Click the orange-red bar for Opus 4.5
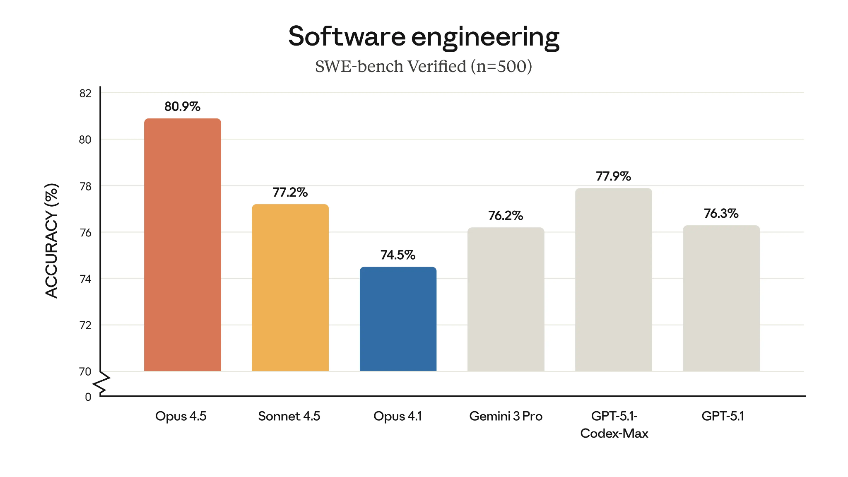pyautogui.click(x=182, y=244)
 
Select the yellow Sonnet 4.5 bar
pyautogui.click(x=290, y=287)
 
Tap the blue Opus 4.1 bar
pyautogui.click(x=398, y=319)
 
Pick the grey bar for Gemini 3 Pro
pyautogui.click(x=506, y=299)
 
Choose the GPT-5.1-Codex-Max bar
pyautogui.click(x=613, y=279)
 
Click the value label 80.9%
pyautogui.click(x=182, y=106)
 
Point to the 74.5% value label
pyautogui.click(x=398, y=255)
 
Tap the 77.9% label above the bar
pyautogui.click(x=613, y=176)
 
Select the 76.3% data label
pyautogui.click(x=721, y=213)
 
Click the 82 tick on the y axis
pyautogui.click(x=85, y=93)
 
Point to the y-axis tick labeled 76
pyautogui.click(x=85, y=233)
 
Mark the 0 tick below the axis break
pyautogui.click(x=88, y=397)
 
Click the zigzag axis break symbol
pyautogui.click(x=101, y=384)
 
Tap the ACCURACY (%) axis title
pyautogui.click(x=52, y=240)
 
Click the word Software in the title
pyautogui.click(x=347, y=36)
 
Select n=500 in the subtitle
pyautogui.click(x=501, y=66)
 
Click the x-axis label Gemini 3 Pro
pyautogui.click(x=506, y=416)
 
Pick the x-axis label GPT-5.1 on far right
pyautogui.click(x=723, y=416)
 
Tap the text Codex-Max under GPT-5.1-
pyautogui.click(x=614, y=434)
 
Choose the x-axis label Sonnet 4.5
pyautogui.click(x=289, y=416)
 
